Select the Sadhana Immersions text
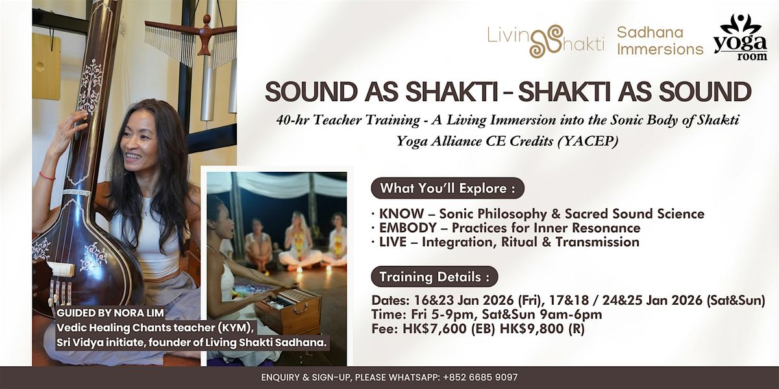pos(660,40)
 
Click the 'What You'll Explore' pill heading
pos(447,189)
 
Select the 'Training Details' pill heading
pos(434,276)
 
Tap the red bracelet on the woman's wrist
pos(47,176)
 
